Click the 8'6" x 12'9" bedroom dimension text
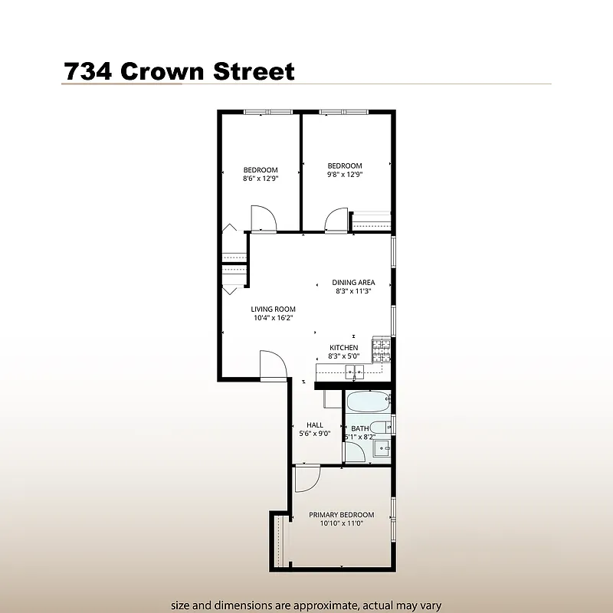[x=261, y=178]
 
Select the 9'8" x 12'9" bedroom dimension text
[x=345, y=174]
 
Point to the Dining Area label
[x=353, y=282]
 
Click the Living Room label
[x=273, y=310]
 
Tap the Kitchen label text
[x=343, y=348]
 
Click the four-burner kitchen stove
[x=381, y=351]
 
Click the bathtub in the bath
[x=368, y=402]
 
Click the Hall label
[x=314, y=425]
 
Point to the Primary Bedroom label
[x=342, y=515]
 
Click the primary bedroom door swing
[x=306, y=479]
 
